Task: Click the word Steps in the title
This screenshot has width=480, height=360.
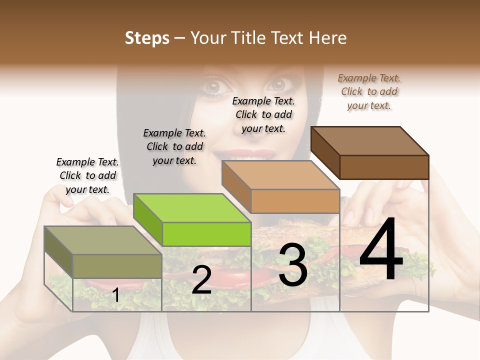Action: point(147,38)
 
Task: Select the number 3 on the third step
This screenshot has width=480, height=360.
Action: point(292,264)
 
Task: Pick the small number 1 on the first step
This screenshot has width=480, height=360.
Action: point(116,295)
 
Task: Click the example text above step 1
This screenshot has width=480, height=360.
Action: point(87,175)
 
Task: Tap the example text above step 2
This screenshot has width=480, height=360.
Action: point(174,146)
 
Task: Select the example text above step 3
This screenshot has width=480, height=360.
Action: point(263,114)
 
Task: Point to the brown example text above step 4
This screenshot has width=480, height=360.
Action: point(369,91)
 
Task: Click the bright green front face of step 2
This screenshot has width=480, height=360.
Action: point(206,234)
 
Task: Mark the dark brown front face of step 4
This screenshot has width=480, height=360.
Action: point(384,167)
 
